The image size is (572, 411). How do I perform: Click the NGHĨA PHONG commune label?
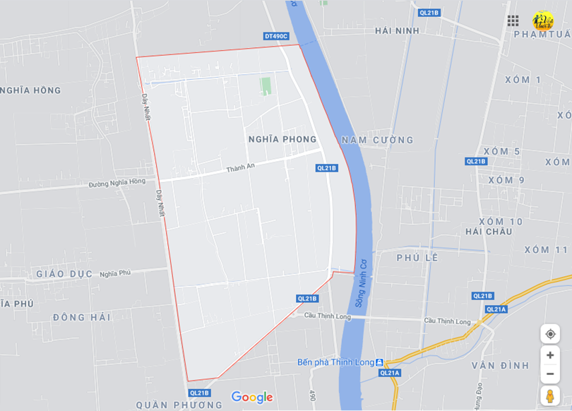click(282, 139)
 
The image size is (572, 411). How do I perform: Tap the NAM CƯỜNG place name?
click(377, 140)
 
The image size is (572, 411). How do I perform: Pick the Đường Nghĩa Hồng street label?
click(117, 182)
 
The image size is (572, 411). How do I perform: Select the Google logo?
click(252, 398)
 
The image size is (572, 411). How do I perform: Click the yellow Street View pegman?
click(550, 395)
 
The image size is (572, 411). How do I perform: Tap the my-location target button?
click(550, 334)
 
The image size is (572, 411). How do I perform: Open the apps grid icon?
click(513, 20)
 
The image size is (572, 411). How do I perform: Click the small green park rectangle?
click(266, 86)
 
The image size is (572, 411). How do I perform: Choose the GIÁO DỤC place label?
click(64, 274)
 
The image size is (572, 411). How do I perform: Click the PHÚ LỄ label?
click(417, 257)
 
